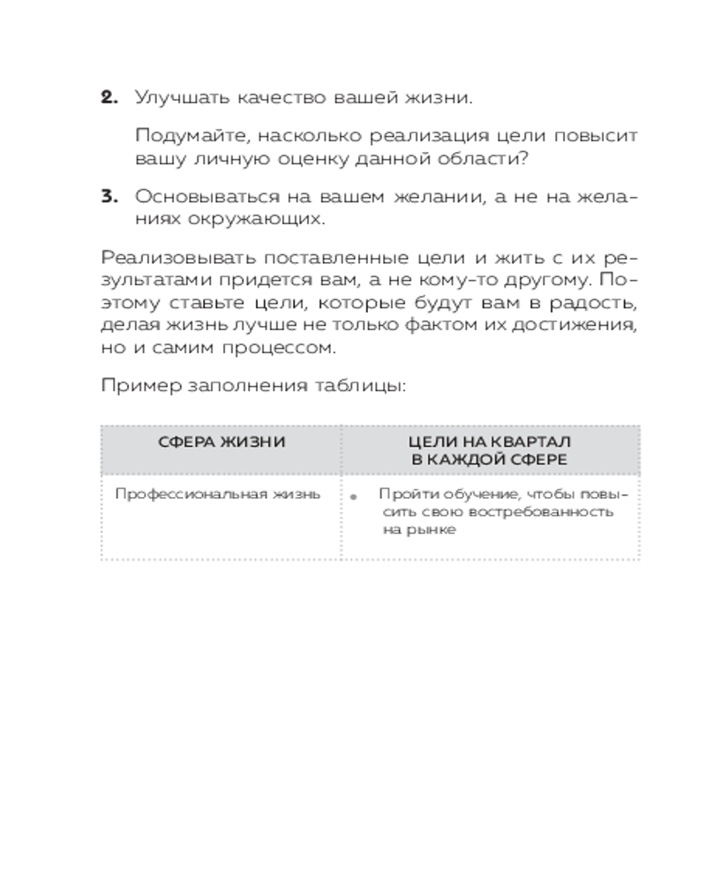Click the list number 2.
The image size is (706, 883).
click(109, 98)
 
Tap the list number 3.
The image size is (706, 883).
click(109, 197)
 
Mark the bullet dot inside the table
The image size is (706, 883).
click(354, 498)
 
